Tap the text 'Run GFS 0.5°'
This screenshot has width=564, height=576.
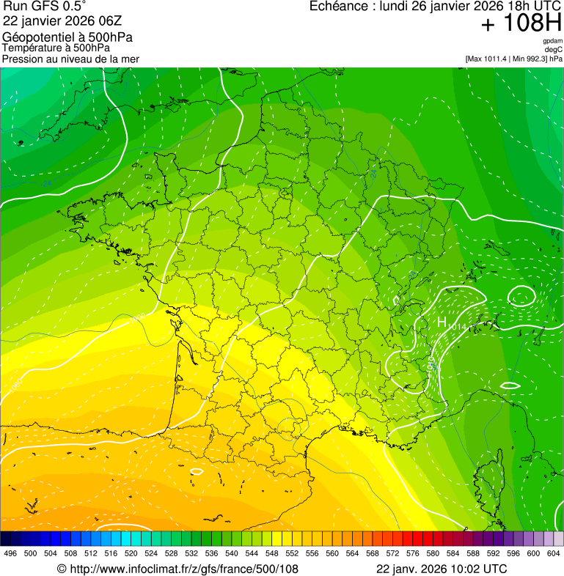pyautogui.click(x=45, y=7)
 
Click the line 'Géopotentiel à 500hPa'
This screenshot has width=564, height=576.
pyautogui.click(x=67, y=37)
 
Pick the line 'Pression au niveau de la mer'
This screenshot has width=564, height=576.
pyautogui.click(x=70, y=59)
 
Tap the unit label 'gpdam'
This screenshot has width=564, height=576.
pyautogui.click(x=552, y=41)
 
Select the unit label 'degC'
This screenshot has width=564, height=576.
pyautogui.click(x=554, y=49)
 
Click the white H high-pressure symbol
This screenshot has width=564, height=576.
pyautogui.click(x=442, y=322)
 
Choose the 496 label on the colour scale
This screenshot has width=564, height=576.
pyautogui.click(x=10, y=553)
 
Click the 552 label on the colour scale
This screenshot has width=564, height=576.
pyautogui.click(x=292, y=553)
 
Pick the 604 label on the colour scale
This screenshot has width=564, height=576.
pyautogui.click(x=554, y=553)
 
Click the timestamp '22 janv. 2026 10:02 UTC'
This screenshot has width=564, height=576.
pyautogui.click(x=441, y=569)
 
